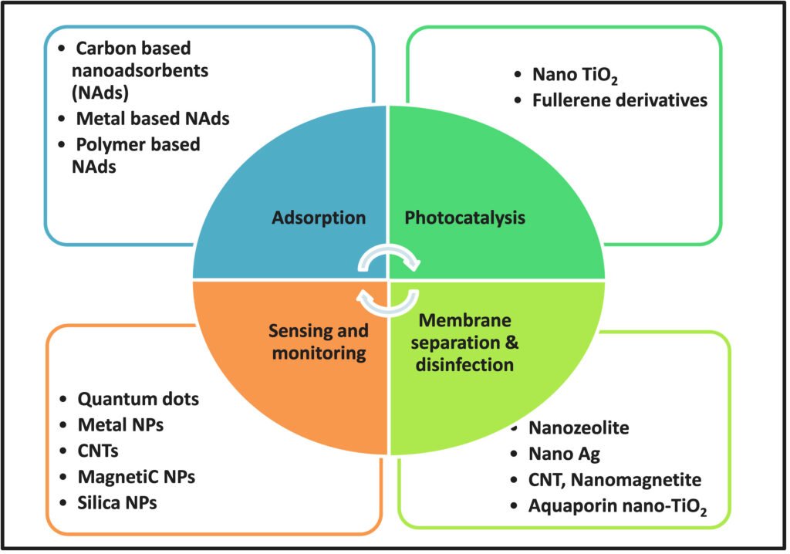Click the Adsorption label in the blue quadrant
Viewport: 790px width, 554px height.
318,218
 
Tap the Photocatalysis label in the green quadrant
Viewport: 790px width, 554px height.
465,218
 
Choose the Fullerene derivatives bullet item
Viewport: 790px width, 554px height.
620,100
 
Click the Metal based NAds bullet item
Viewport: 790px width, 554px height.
152,119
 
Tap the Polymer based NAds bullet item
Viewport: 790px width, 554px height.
137,154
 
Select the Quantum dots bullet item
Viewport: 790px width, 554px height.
138,399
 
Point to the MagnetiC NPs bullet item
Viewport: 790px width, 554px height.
136,477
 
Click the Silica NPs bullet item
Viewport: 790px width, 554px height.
116,502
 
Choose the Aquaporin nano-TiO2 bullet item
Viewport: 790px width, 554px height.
618,506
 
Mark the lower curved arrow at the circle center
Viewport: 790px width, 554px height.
390,301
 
